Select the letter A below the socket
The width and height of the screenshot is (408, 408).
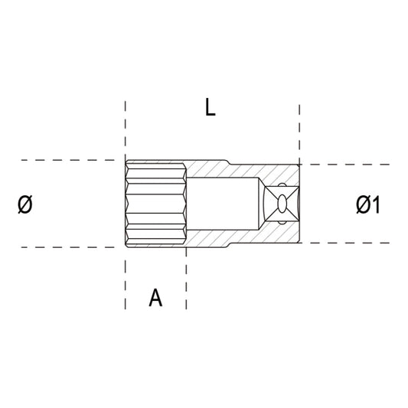[x=155, y=298]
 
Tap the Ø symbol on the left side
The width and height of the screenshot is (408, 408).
[x=25, y=204]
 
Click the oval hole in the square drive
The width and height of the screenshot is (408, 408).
[x=283, y=204]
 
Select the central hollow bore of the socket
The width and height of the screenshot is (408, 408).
[x=226, y=204]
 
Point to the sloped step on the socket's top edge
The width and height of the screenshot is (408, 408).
[x=231, y=163]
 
